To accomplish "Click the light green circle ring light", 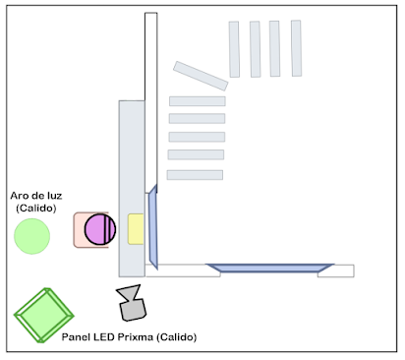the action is [x=31, y=236].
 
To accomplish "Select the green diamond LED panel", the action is [x=44, y=316].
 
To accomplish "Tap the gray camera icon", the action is [x=131, y=303].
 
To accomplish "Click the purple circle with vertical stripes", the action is [x=100, y=229].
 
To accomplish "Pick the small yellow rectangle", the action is [x=136, y=229].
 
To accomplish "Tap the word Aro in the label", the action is [x=18, y=196].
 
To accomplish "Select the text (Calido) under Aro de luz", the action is [x=36, y=209].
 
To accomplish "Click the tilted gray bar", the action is [x=201, y=76].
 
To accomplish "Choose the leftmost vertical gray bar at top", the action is [x=234, y=49].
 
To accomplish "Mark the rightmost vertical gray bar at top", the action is [x=296, y=48].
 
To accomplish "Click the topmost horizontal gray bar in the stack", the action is [x=198, y=101].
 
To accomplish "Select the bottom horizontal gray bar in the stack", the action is [x=195, y=175].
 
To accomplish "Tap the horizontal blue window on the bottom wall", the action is [x=269, y=268].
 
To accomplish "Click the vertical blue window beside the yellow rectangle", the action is [x=153, y=227].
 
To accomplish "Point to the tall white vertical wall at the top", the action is [x=151, y=102].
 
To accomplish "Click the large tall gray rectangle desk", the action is [x=132, y=189].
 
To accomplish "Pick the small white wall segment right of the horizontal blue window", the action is [x=336, y=270].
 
